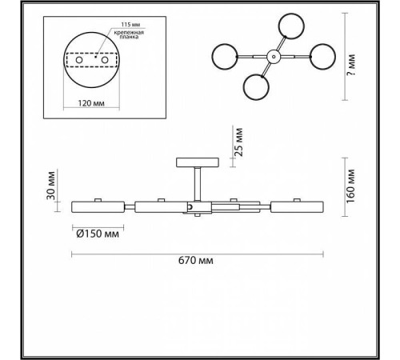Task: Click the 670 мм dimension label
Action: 196,260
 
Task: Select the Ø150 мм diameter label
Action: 98,234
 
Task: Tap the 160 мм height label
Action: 350,186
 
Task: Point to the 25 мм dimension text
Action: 239,142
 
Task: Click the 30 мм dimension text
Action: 51,186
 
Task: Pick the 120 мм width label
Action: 91,103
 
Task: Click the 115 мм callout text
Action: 130,25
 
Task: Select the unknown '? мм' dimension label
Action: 351,65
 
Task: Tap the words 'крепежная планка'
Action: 129,35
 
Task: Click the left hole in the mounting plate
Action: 79,60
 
